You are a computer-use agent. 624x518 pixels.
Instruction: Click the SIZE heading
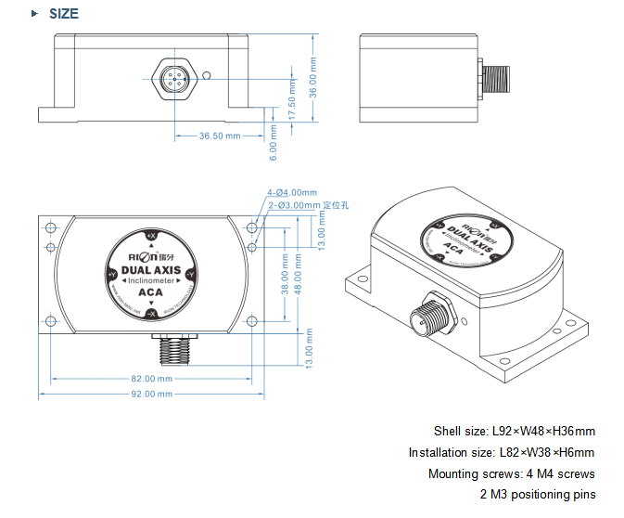pos(63,14)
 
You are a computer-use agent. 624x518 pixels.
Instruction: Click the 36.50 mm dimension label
pos(220,136)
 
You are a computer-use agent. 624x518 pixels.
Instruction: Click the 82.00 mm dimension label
pos(152,379)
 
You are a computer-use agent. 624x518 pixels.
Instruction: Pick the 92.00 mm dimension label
pos(152,395)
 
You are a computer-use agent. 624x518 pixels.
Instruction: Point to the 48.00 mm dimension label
pos(299,277)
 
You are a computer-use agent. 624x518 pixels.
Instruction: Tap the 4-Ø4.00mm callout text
pos(294,193)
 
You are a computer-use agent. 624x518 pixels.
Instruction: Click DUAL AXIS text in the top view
pos(151,269)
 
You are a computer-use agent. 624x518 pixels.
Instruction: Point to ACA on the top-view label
pos(150,292)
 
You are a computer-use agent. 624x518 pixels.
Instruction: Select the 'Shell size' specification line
pos(514,431)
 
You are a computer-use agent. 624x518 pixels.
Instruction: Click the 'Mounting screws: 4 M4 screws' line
pos(511,473)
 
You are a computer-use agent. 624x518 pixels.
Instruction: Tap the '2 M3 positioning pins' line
pos(538,494)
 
